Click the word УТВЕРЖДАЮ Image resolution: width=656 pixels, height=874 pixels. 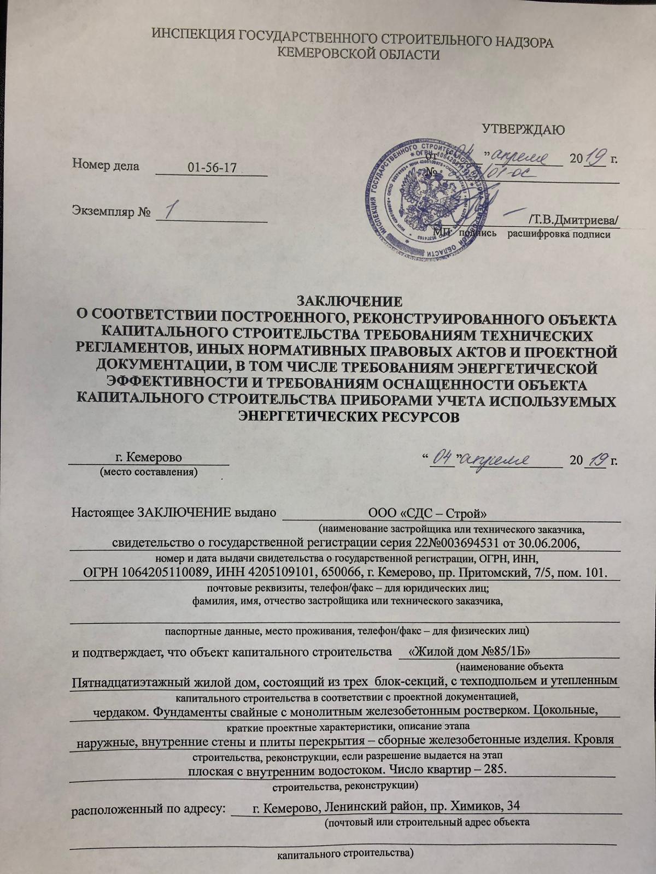coord(523,129)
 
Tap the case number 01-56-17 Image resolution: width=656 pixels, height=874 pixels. coord(212,168)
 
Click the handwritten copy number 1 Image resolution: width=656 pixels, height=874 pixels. coord(174,210)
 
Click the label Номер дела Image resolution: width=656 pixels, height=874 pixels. coord(106,166)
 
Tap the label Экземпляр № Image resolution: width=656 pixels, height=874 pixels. coord(112,211)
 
